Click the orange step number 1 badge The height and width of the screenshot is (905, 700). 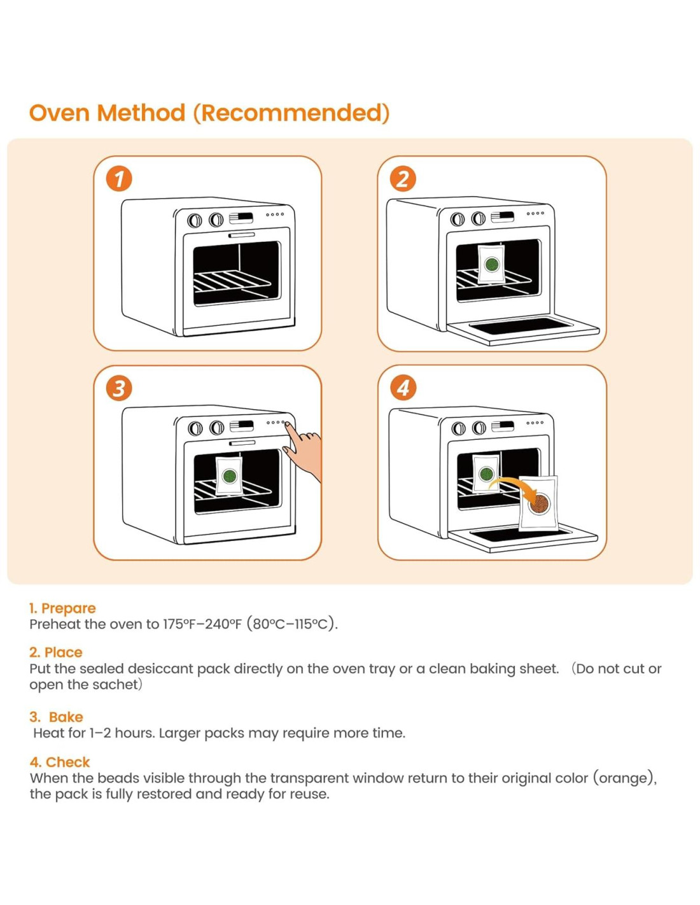pyautogui.click(x=118, y=179)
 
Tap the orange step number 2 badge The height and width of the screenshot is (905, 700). pyautogui.click(x=403, y=179)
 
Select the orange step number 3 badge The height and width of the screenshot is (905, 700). pyautogui.click(x=118, y=389)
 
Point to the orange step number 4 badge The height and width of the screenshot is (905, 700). pyautogui.click(x=403, y=388)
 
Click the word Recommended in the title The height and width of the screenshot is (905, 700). pyautogui.click(x=291, y=113)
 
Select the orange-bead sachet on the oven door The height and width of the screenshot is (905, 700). pyautogui.click(x=538, y=503)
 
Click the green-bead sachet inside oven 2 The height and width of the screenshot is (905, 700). pyautogui.click(x=491, y=263)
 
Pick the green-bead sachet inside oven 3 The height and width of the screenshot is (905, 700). pyautogui.click(x=229, y=475)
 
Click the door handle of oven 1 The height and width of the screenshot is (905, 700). pyautogui.click(x=242, y=235)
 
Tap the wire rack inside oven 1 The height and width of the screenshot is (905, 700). pyautogui.click(x=233, y=283)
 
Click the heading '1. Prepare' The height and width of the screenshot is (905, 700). pyautogui.click(x=62, y=608)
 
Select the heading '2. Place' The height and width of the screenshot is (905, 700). pyautogui.click(x=56, y=652)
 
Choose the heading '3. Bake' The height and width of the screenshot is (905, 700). pyautogui.click(x=56, y=717)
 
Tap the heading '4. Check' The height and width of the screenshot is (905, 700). pyautogui.click(x=60, y=762)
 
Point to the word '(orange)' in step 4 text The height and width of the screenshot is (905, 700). pyautogui.click(x=624, y=778)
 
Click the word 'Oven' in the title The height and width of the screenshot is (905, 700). pyautogui.click(x=59, y=113)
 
